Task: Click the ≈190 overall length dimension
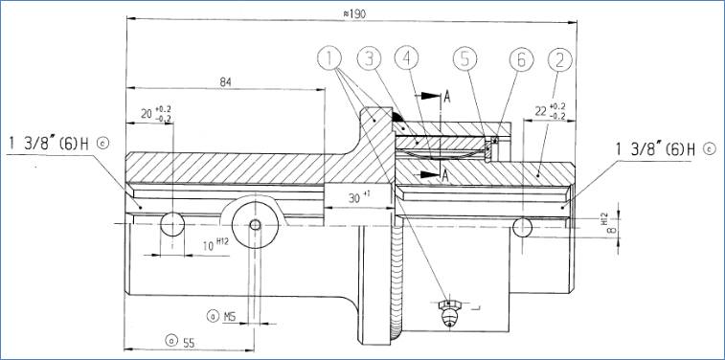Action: pyautogui.click(x=354, y=14)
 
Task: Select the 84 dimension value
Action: pyautogui.click(x=225, y=82)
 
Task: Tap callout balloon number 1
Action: pyautogui.click(x=329, y=58)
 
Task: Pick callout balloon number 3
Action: pyautogui.click(x=369, y=58)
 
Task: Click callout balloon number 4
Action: pyautogui.click(x=406, y=58)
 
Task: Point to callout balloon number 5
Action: pyautogui.click(x=464, y=59)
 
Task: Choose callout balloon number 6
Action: pyautogui.click(x=522, y=60)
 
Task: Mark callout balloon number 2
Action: pyautogui.click(x=560, y=59)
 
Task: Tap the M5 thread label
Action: pyautogui.click(x=230, y=317)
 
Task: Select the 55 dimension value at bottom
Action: pyautogui.click(x=189, y=343)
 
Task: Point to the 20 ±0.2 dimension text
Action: pyautogui.click(x=156, y=113)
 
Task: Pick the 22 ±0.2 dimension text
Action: pyautogui.click(x=551, y=111)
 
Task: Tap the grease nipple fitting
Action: pyautogui.click(x=449, y=312)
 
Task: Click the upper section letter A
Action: pyautogui.click(x=446, y=97)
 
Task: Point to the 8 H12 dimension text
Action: pyautogui.click(x=609, y=225)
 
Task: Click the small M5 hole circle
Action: pyautogui.click(x=255, y=225)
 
